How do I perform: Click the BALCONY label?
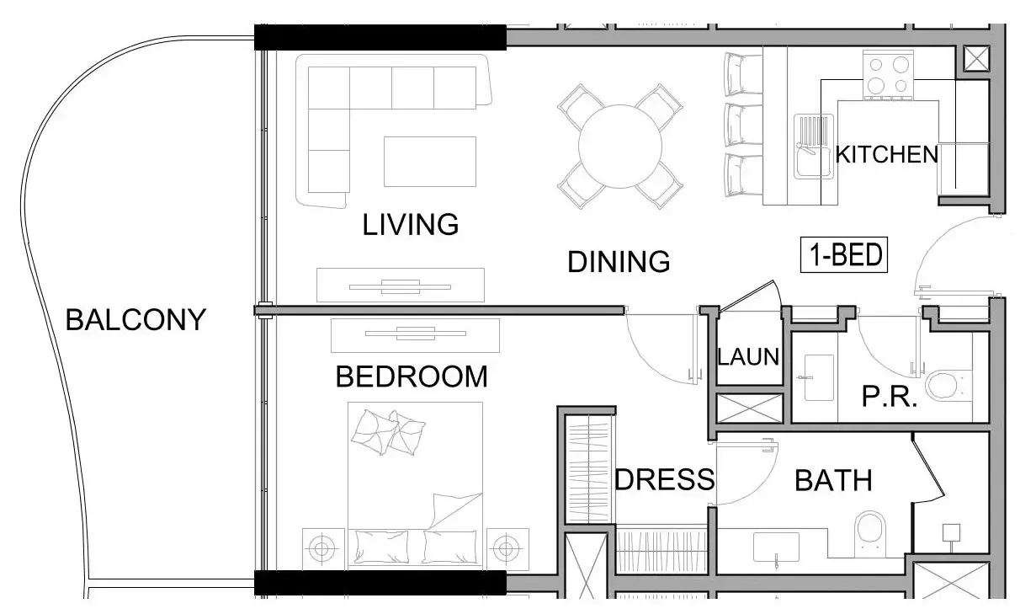pos(135,320)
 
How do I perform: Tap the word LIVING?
pos(410,224)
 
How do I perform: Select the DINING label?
pos(619,262)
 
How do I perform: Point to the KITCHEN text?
pos(886,154)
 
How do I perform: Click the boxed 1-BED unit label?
pos(844,255)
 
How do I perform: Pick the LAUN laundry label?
pos(748,357)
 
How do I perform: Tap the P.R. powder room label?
pos(890,397)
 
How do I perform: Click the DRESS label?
pos(665,479)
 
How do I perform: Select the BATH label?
pos(833,480)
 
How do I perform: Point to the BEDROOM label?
pos(412,376)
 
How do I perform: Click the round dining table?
pos(620,147)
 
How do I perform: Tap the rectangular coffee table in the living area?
pos(430,162)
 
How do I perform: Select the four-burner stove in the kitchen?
pos(888,76)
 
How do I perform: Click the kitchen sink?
pos(814,147)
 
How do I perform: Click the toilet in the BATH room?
pos(870,533)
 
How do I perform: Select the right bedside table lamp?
pos(507,549)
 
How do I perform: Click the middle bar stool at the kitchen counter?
pos(743,125)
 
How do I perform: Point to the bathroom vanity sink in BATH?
pos(776,547)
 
